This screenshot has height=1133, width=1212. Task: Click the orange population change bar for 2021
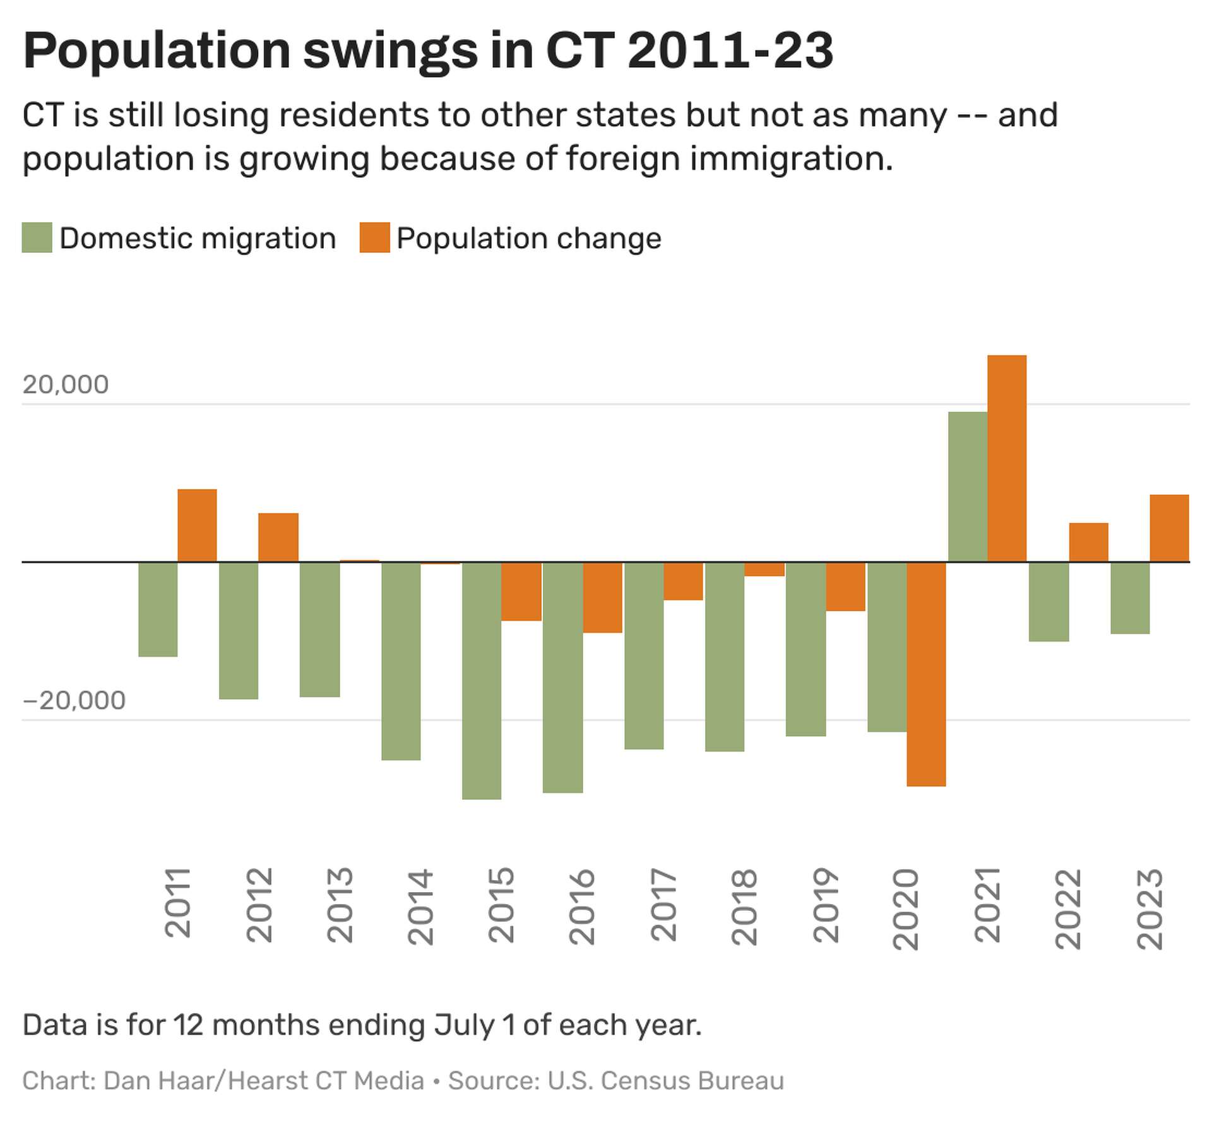tap(1006, 459)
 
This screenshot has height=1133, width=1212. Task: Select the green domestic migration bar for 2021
tap(967, 486)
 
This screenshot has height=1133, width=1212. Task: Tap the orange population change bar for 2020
tap(926, 674)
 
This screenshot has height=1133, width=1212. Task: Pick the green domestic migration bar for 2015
tap(482, 680)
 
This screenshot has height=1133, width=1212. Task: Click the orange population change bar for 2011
tap(197, 525)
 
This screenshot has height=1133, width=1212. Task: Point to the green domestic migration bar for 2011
tap(158, 609)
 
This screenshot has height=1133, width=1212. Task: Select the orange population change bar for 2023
tap(1168, 528)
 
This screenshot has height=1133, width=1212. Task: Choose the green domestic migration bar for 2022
tap(1049, 601)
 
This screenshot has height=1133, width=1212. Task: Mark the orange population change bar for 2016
tap(602, 597)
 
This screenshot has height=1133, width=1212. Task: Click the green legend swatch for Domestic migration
tap(37, 238)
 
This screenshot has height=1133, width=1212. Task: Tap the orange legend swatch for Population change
tap(374, 238)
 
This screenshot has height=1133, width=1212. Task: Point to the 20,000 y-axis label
tap(66, 384)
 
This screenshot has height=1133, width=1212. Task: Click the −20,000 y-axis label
tap(74, 700)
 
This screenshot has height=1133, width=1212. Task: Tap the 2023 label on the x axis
tap(1150, 908)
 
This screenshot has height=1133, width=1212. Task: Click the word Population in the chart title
tap(157, 50)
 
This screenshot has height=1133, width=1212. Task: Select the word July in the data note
tap(464, 1024)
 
